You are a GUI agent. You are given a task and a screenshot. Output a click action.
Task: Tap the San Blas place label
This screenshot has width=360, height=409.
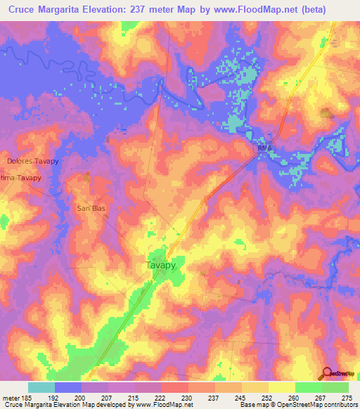tap(91, 209)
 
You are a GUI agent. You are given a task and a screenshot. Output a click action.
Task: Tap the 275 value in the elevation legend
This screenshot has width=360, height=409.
tap(347, 397)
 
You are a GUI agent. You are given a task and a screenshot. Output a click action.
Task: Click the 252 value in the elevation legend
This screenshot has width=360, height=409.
tap(267, 397)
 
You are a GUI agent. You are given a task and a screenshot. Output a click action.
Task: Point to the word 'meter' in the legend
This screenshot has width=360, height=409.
tap(11, 397)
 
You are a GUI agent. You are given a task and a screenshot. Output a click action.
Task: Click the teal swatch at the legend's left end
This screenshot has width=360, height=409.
tap(41, 387)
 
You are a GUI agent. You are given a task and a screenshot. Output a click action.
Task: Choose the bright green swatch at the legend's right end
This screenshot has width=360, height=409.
tap(335, 387)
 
